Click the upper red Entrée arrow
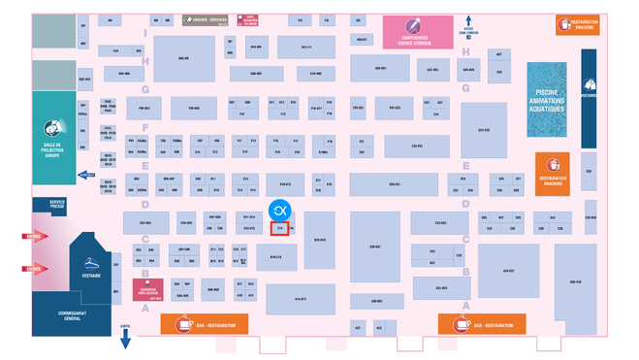pos(35,236)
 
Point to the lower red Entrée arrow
pos(35,268)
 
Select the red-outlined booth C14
pos(279,229)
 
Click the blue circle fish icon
pos(279,210)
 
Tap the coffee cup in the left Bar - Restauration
pos(182,325)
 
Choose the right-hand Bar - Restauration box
pos(482,325)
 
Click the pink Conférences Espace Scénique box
pos(416,33)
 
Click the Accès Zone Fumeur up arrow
pos(468,20)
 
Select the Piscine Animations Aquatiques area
pos(548,93)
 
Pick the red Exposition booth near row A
pos(147,291)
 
